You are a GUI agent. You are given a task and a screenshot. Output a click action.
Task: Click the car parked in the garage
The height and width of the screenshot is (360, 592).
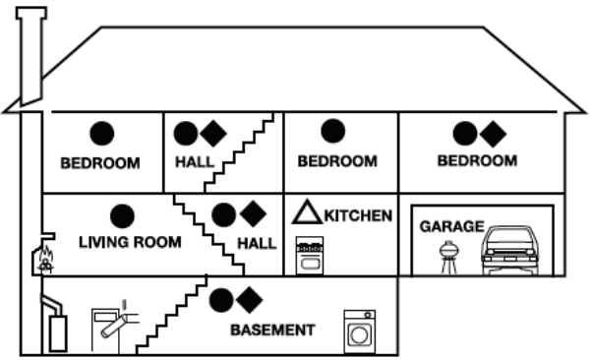[508, 251]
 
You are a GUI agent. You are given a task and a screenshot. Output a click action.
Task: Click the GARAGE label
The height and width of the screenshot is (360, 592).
[451, 226]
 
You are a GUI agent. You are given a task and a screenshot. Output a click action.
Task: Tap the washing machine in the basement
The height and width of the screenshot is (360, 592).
[359, 331]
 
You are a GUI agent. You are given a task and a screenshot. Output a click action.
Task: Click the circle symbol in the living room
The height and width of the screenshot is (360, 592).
[122, 215]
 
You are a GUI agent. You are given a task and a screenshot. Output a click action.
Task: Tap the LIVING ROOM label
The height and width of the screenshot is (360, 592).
[130, 242]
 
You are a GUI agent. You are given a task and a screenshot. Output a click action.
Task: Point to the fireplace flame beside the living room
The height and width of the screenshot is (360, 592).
[44, 263]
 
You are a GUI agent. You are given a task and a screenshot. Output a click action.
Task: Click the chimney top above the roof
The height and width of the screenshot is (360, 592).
[31, 15]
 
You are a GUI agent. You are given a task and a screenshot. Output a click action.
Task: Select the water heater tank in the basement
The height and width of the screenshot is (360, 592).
[58, 332]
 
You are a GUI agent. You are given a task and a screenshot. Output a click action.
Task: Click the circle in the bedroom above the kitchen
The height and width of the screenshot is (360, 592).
[333, 131]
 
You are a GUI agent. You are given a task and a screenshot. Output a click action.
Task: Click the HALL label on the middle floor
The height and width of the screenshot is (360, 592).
[257, 242]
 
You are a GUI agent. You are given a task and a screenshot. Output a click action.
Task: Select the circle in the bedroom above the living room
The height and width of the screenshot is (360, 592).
[100, 132]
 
